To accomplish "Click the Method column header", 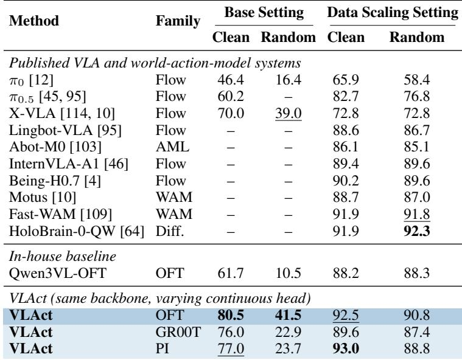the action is (34, 21).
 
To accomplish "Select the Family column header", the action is (178, 21).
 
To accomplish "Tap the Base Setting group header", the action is (264, 13).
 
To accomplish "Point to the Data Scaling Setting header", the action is (393, 13).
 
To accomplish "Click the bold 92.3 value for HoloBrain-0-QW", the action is (416, 231).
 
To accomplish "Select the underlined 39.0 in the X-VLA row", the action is (289, 113).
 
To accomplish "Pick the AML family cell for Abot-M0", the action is (172, 147).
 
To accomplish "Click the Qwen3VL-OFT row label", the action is (57, 273).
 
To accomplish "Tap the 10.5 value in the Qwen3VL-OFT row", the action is (288, 273).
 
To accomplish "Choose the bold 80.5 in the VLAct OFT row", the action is (231, 315).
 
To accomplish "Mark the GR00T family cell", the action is (178, 332).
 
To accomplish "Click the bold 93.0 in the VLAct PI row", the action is (346, 349).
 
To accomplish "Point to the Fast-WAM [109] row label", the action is (60, 214).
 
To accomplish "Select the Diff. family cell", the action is (170, 231).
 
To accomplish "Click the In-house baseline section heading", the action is (63, 257).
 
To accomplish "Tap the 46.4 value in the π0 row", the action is (231, 80).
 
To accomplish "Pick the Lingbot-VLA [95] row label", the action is (65, 130).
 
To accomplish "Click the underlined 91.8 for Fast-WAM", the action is (416, 214).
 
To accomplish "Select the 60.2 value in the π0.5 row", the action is (231, 97).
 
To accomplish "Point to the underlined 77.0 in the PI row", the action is (231, 349).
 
